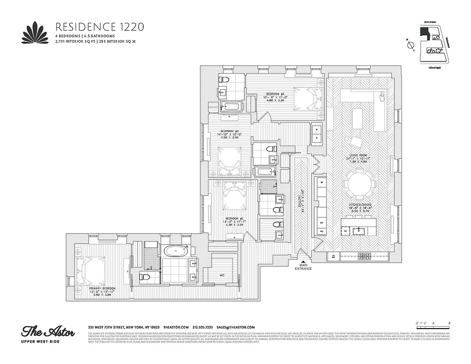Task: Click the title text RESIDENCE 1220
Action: [99, 26]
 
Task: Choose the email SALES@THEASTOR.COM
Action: [235, 328]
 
